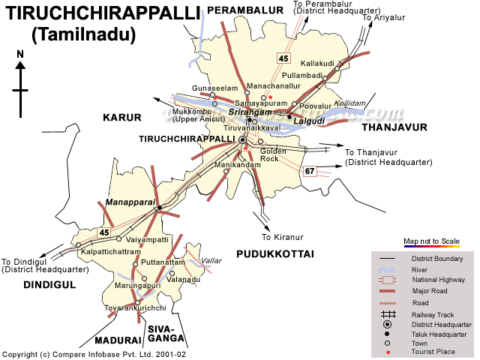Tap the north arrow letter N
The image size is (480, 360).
20,54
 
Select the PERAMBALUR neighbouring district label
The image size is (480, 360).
243,8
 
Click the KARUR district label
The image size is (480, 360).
121,118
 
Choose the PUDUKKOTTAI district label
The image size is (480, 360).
274,255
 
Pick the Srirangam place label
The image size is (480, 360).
244,111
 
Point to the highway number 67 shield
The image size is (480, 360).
310,172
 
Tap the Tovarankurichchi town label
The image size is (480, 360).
134,308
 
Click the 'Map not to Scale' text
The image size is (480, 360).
431,241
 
